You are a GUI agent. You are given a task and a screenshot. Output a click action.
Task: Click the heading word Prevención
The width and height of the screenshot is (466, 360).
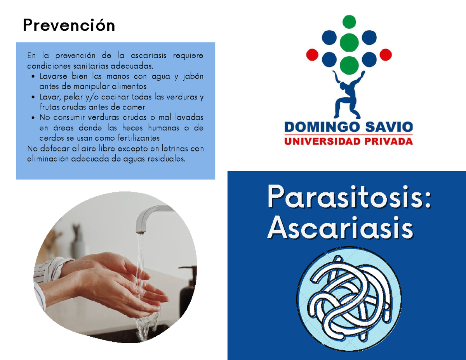point(69,26)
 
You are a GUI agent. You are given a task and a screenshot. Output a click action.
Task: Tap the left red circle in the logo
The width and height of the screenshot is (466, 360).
point(312,55)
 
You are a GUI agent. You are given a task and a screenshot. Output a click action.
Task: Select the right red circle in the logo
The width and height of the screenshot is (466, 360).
point(385,55)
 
